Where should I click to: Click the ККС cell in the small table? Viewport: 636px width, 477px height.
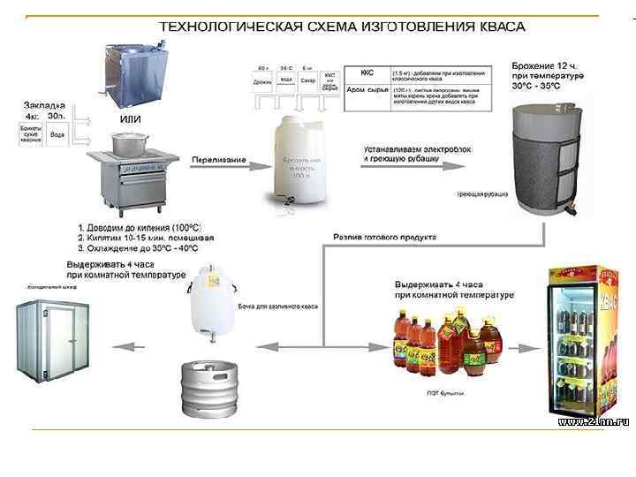(367, 73)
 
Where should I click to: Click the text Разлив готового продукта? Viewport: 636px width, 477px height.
(387, 237)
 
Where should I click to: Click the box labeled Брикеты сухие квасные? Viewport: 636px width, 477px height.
(31, 136)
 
